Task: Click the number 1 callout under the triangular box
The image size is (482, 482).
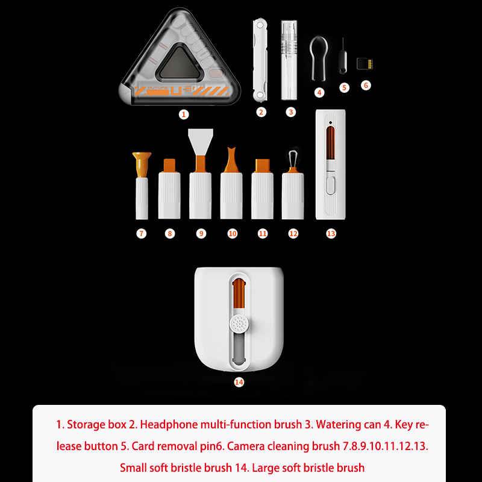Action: click(x=184, y=114)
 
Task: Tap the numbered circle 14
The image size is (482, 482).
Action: click(x=239, y=382)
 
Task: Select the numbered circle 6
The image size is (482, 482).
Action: click(x=366, y=85)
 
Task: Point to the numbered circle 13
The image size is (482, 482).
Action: click(x=331, y=234)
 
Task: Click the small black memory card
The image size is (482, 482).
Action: click(x=365, y=63)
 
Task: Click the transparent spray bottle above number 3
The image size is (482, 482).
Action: click(x=289, y=60)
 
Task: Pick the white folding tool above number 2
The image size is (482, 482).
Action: click(x=260, y=60)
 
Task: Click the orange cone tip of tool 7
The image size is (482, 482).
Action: click(x=142, y=164)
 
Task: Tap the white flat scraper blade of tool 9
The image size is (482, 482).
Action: click(x=201, y=142)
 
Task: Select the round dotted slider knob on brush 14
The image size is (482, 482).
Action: click(x=239, y=324)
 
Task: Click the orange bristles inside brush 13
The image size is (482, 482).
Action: click(x=330, y=143)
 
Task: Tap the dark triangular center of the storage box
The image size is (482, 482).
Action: click(x=178, y=63)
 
